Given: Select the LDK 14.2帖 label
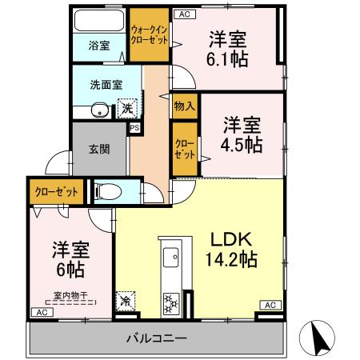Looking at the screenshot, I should (232, 249).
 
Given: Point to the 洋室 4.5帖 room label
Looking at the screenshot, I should (241, 134).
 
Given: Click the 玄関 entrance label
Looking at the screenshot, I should (99, 148).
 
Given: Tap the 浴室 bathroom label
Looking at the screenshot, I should (99, 46).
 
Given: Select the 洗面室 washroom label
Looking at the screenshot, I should (106, 82).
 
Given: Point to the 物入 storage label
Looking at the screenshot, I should (183, 106).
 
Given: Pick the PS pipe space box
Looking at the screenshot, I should (134, 127).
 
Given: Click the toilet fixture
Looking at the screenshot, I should (109, 191).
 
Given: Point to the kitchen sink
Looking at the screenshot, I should (170, 258).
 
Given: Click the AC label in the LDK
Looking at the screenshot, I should (270, 305).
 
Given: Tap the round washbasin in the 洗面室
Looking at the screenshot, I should (98, 110).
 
